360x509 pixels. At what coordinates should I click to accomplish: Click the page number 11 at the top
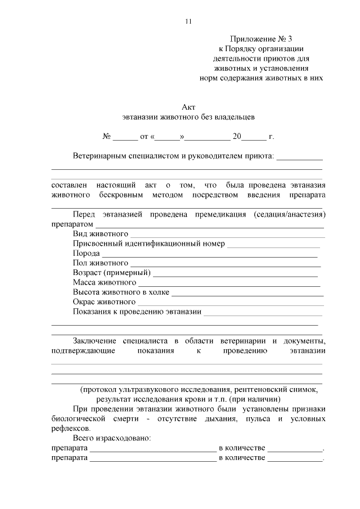[x=188, y=21]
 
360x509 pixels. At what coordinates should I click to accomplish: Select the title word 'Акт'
[x=188, y=107]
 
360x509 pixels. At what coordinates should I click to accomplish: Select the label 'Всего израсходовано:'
[x=111, y=438]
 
